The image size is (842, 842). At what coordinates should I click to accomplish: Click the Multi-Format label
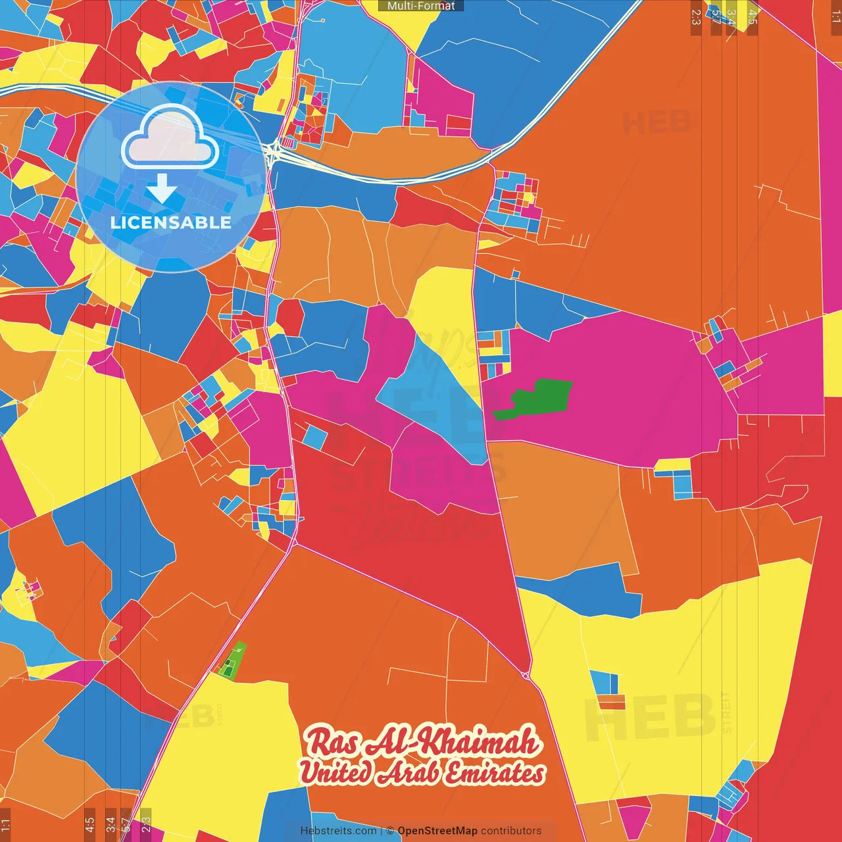[x=421, y=6]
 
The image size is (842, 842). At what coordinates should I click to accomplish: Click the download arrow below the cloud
[x=162, y=189]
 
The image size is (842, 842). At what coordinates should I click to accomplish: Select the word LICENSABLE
[x=170, y=222]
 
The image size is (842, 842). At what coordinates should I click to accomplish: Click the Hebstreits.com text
[x=338, y=831]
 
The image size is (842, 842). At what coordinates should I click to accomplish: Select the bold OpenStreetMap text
[x=437, y=831]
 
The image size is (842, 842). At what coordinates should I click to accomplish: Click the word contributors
[x=511, y=831]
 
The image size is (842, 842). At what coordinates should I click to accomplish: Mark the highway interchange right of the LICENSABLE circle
[x=272, y=155]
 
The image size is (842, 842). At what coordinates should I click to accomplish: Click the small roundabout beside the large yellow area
[x=526, y=676]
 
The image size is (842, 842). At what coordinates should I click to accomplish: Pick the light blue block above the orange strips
[x=604, y=683]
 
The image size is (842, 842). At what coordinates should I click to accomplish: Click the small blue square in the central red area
[x=315, y=437]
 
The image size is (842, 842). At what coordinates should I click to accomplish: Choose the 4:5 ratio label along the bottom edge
[x=90, y=823]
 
